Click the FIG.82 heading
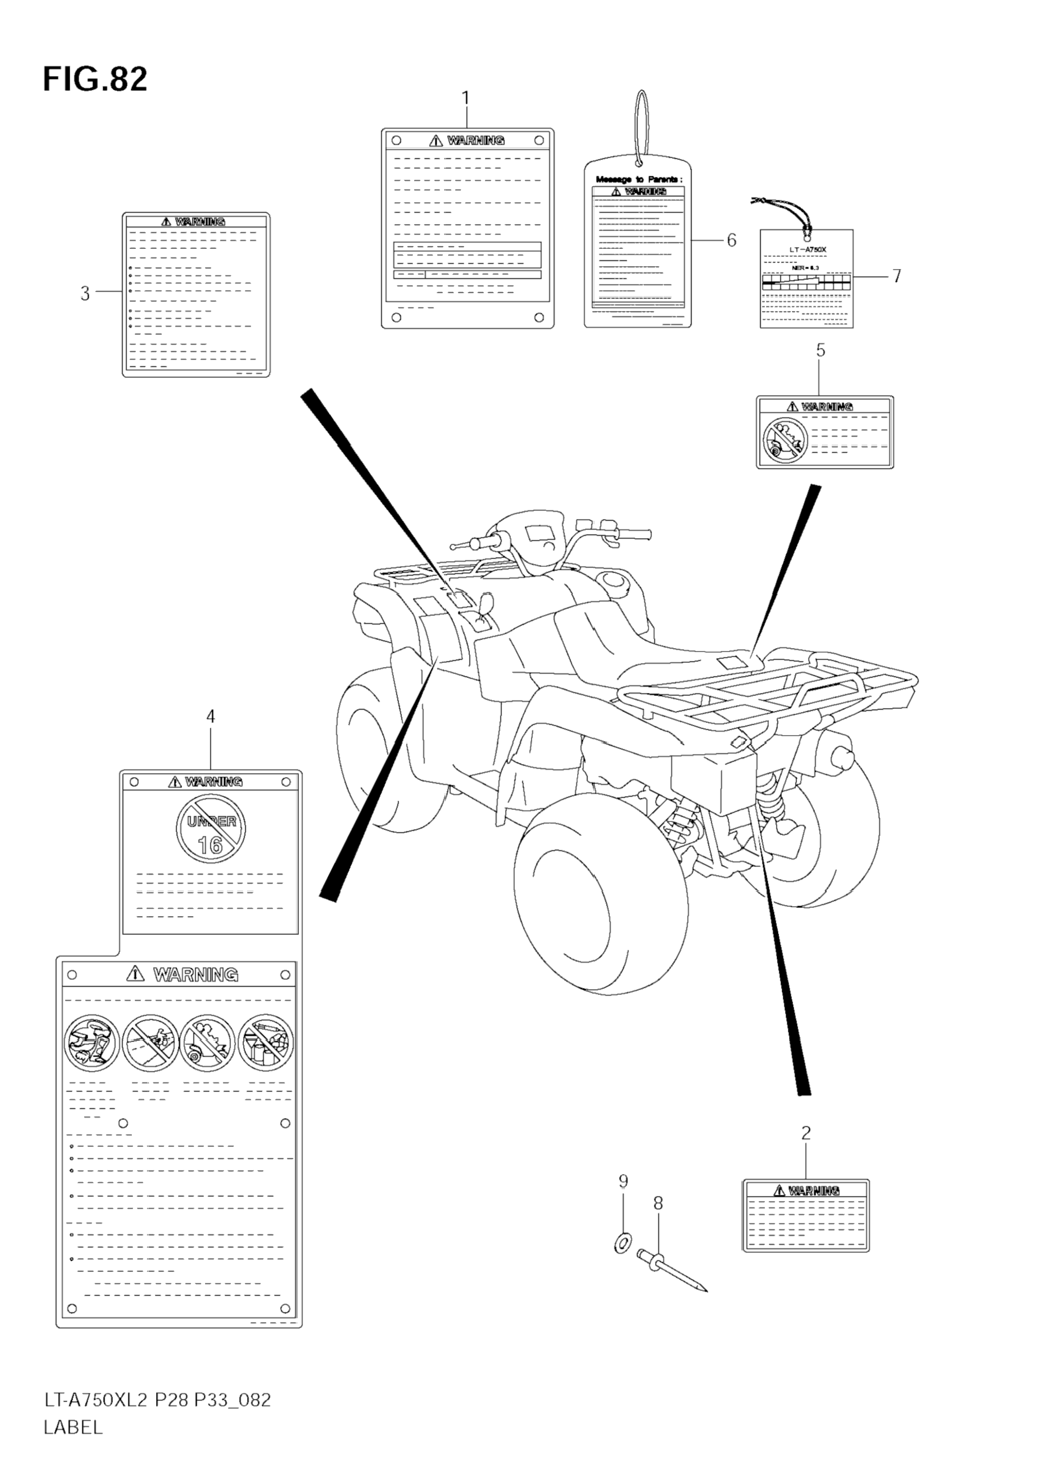tap(95, 79)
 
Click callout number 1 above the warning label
tap(465, 98)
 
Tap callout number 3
tap(85, 293)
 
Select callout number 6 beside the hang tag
tap(731, 240)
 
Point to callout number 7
tap(897, 276)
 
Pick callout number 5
tap(820, 350)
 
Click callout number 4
tap(210, 716)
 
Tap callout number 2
tap(806, 1133)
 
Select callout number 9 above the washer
tap(623, 1181)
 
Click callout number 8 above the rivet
tap(658, 1203)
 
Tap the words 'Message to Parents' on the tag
tap(639, 179)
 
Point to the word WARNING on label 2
tap(813, 1191)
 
